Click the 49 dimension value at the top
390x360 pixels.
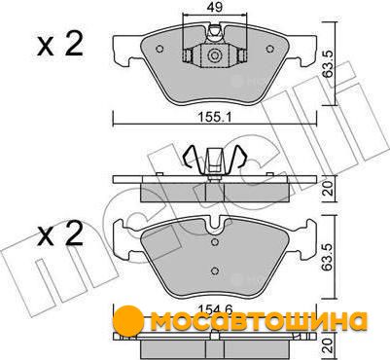point(215,7)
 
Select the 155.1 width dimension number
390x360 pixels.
point(214,117)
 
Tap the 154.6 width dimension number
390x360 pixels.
point(214,309)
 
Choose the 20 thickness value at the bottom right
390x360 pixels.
point(329,345)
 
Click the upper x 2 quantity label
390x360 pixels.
point(60,45)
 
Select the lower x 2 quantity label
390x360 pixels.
point(60,234)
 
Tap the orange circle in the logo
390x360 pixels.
point(129,319)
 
